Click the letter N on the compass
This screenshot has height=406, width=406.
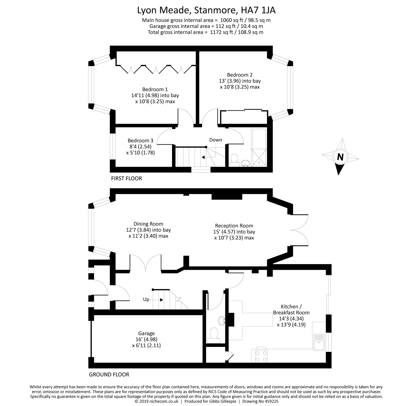pyautogui.click(x=340, y=157)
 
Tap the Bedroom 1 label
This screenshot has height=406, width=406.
pyautogui.click(x=155, y=89)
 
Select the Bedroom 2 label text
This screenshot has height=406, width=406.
pyautogui.click(x=240, y=75)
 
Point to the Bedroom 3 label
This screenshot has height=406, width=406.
pyautogui.click(x=140, y=140)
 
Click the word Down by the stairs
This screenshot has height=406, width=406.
pyautogui.click(x=216, y=140)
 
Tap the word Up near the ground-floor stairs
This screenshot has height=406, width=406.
pyautogui.click(x=146, y=300)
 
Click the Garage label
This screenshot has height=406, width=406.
pyautogui.click(x=146, y=333)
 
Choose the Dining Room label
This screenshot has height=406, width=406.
pyautogui.click(x=148, y=224)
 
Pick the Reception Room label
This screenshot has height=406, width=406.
pyautogui.click(x=234, y=226)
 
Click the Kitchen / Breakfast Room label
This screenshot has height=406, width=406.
pyautogui.click(x=291, y=309)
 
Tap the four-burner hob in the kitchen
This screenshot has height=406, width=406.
pyautogui.click(x=261, y=356)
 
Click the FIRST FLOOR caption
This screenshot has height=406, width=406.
pyautogui.click(x=126, y=178)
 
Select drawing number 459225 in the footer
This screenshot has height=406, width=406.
pyautogui.click(x=271, y=401)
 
